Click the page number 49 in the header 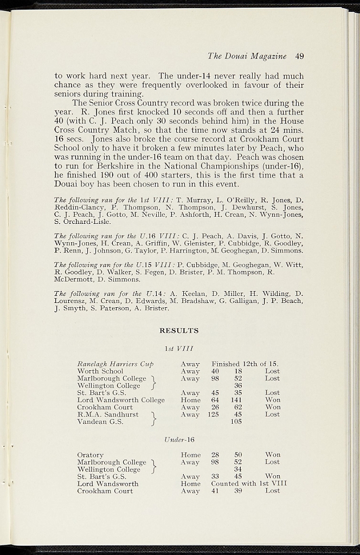pyautogui.click(x=299, y=55)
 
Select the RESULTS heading pyautogui.click(x=179, y=331)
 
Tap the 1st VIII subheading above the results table pyautogui.click(x=179, y=348)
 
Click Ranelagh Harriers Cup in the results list pyautogui.click(x=115, y=364)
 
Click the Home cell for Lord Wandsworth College pyautogui.click(x=190, y=400)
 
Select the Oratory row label pyautogui.click(x=91, y=455)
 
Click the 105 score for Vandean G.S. pyautogui.click(x=236, y=422)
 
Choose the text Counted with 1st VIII pyautogui.click(x=249, y=483)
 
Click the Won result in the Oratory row pyautogui.click(x=273, y=455)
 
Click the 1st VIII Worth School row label pyautogui.click(x=100, y=371)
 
